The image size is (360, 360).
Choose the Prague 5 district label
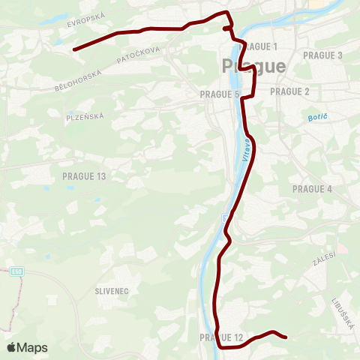[x=219, y=94]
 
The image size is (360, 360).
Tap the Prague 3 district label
[x=322, y=55]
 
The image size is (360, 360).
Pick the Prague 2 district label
[x=289, y=91]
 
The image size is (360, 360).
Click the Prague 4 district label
[x=312, y=189]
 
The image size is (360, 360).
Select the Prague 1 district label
[x=258, y=46]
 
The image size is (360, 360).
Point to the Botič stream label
[x=319, y=118]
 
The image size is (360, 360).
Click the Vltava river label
[x=245, y=154]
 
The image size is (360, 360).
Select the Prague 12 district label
[x=222, y=338]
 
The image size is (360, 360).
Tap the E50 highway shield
[x=17, y=272]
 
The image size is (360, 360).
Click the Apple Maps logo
[x=28, y=347]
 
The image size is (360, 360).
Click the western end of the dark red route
[x=74, y=49]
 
